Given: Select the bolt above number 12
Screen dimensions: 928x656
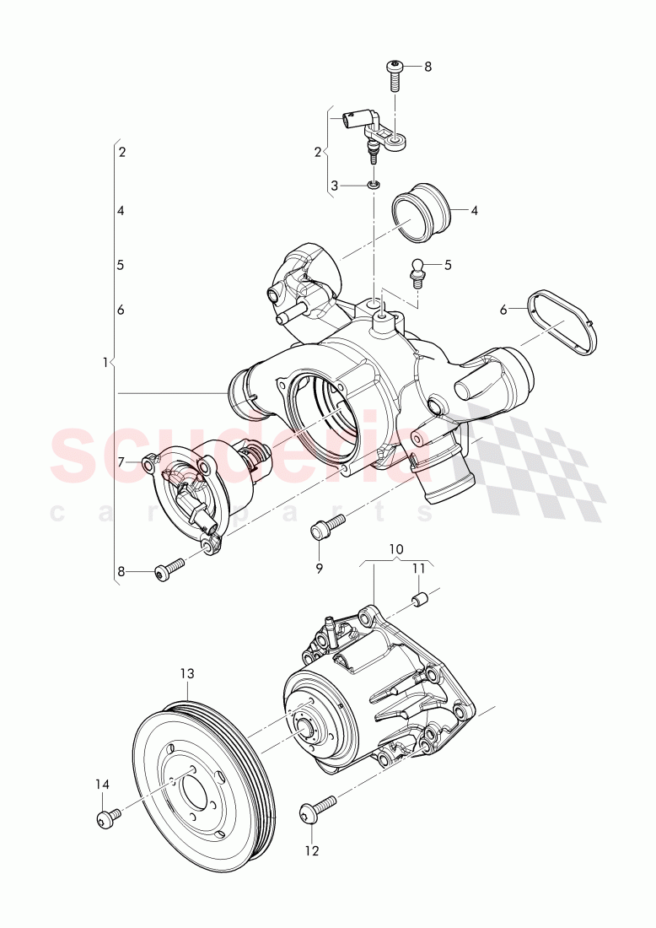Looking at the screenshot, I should [x=316, y=807].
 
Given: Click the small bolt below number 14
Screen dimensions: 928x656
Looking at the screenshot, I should [x=106, y=817].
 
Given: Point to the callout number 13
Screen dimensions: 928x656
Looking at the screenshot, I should [x=186, y=673].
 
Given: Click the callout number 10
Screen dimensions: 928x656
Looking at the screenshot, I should [x=395, y=550].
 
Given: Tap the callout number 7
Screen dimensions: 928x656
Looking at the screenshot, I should [x=121, y=461].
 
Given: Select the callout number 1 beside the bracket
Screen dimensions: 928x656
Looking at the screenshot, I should [x=105, y=363].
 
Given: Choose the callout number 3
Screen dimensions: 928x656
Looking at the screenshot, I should [x=333, y=185].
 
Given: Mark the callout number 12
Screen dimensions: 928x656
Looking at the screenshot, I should [x=312, y=851].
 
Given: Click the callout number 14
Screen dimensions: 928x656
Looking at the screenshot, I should [x=102, y=785].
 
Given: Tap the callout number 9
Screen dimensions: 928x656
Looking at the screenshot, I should [x=320, y=569].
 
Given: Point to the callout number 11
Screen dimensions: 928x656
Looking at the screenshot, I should [x=419, y=569].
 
